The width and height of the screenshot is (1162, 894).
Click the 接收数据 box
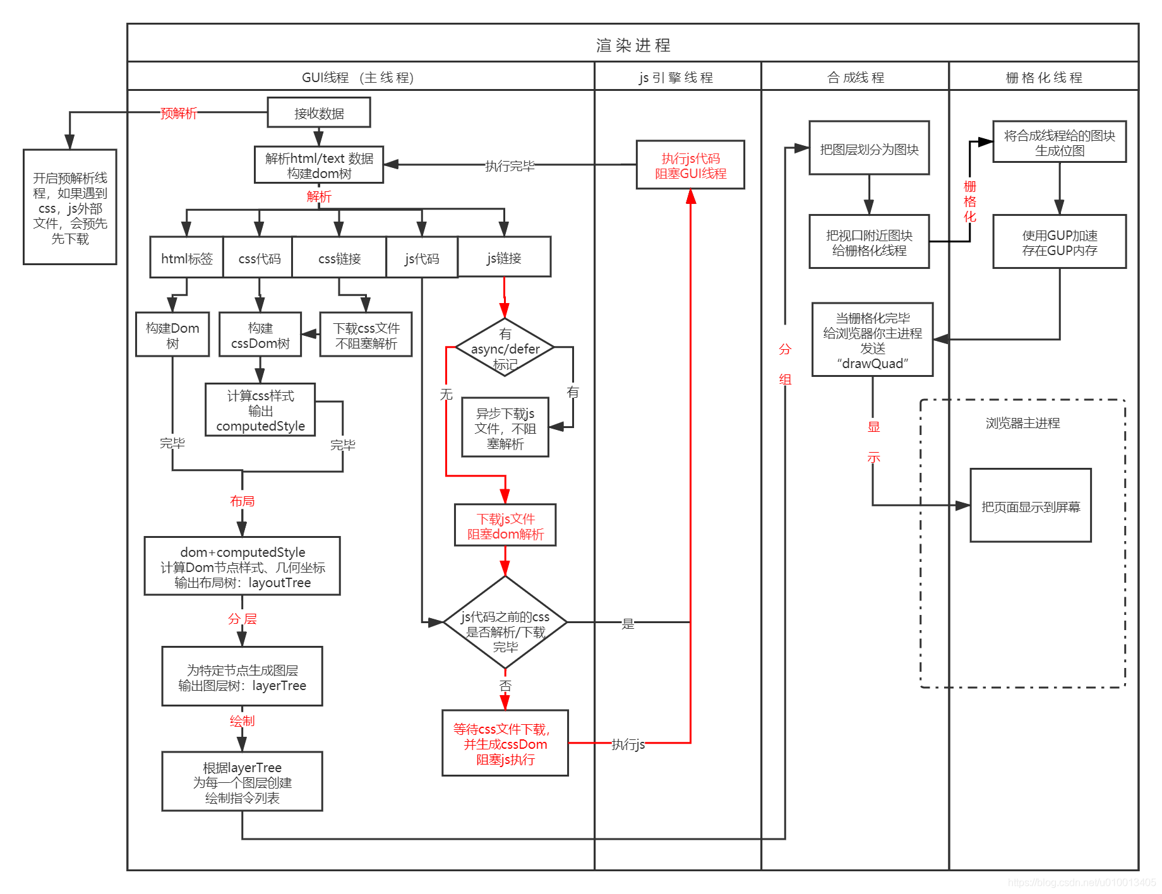pyautogui.click(x=318, y=113)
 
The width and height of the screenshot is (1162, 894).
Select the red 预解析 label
pyautogui.click(x=179, y=113)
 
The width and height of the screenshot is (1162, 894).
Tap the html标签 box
pyautogui.click(x=186, y=258)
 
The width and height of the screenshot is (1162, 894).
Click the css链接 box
pyautogui.click(x=339, y=258)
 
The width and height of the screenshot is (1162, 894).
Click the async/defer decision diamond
pyautogui.click(x=505, y=348)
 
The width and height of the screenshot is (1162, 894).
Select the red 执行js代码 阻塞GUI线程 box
pyautogui.click(x=690, y=165)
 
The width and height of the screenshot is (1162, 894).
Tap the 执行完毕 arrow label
pyautogui.click(x=509, y=165)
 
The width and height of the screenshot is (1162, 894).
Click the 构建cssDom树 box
pyautogui.click(x=260, y=335)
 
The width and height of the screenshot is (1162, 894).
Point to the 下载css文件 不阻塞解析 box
pyautogui.click(x=366, y=335)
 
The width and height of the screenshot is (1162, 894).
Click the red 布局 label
pyautogui.click(x=242, y=501)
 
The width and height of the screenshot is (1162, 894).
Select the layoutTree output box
pyautogui.click(x=242, y=566)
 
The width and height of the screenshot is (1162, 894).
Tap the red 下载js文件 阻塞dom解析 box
pyautogui.click(x=505, y=525)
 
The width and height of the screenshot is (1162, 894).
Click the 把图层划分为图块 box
pyautogui.click(x=869, y=148)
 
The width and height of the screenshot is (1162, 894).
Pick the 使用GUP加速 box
pyautogui.click(x=1059, y=242)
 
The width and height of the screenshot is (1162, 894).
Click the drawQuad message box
pyautogui.click(x=872, y=340)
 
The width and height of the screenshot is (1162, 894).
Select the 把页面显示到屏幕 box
pyautogui.click(x=1030, y=506)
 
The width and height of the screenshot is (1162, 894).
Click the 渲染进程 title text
pyautogui.click(x=633, y=45)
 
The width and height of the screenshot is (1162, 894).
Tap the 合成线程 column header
pyautogui.click(x=855, y=77)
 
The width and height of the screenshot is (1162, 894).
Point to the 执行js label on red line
pyautogui.click(x=628, y=744)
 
